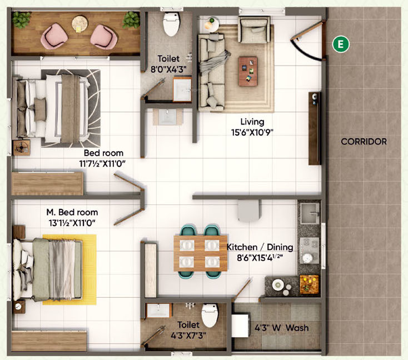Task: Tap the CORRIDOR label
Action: pyautogui.click(x=364, y=142)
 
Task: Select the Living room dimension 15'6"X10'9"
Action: pyautogui.click(x=252, y=132)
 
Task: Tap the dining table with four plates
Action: pyautogui.click(x=200, y=253)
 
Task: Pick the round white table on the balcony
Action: pyautogui.click(x=79, y=23)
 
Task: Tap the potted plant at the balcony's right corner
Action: pyautogui.click(x=131, y=21)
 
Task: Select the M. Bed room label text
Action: pyautogui.click(x=72, y=212)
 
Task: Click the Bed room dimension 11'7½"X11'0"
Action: pyautogui.click(x=103, y=164)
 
